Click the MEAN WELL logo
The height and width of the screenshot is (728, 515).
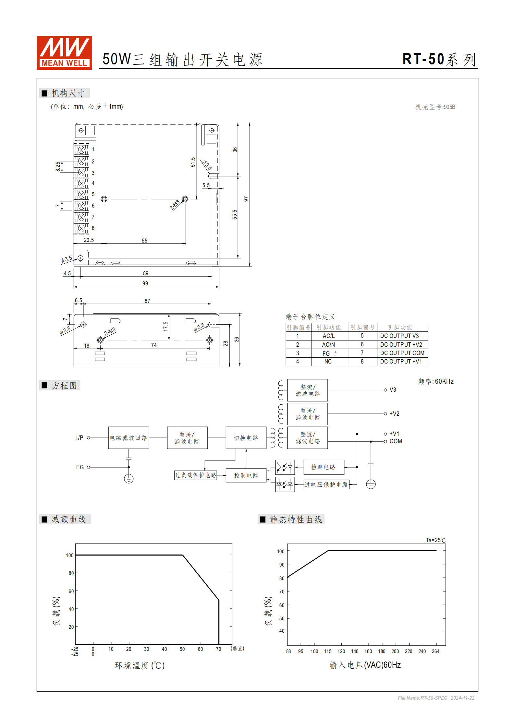(64, 53)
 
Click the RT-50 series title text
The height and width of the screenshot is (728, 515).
(439, 59)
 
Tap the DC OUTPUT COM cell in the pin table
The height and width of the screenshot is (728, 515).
(402, 353)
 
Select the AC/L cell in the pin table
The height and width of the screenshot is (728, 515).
(328, 336)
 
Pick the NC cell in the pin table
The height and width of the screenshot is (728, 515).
(328, 362)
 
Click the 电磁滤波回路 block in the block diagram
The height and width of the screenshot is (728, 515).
(129, 438)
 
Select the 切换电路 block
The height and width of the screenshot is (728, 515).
(246, 438)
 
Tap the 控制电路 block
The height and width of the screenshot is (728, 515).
(246, 475)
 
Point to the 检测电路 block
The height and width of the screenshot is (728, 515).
(323, 467)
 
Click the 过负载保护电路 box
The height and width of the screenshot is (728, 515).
(195, 475)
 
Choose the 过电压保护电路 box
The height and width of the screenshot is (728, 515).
(326, 484)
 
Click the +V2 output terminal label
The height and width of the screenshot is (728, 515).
(394, 414)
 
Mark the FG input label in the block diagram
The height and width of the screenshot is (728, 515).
(80, 467)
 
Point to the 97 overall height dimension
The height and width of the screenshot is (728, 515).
(246, 199)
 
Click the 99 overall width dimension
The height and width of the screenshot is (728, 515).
(145, 283)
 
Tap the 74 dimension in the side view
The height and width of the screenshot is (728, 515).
(154, 345)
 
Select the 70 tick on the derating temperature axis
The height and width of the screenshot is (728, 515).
(218, 649)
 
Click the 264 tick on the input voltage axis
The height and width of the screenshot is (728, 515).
(435, 651)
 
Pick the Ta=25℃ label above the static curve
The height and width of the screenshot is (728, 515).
(435, 540)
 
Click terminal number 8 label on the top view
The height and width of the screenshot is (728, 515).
(93, 228)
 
